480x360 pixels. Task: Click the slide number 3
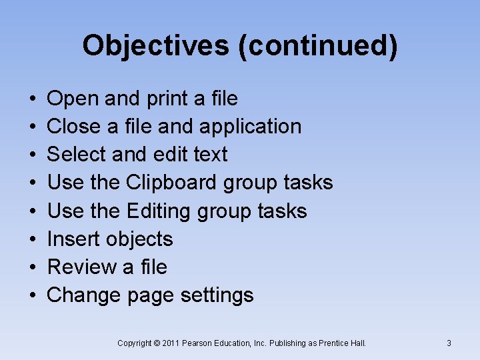pos(449,343)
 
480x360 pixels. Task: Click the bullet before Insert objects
pos(33,239)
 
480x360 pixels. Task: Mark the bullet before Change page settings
pos(33,295)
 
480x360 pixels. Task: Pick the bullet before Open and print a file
pos(33,99)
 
